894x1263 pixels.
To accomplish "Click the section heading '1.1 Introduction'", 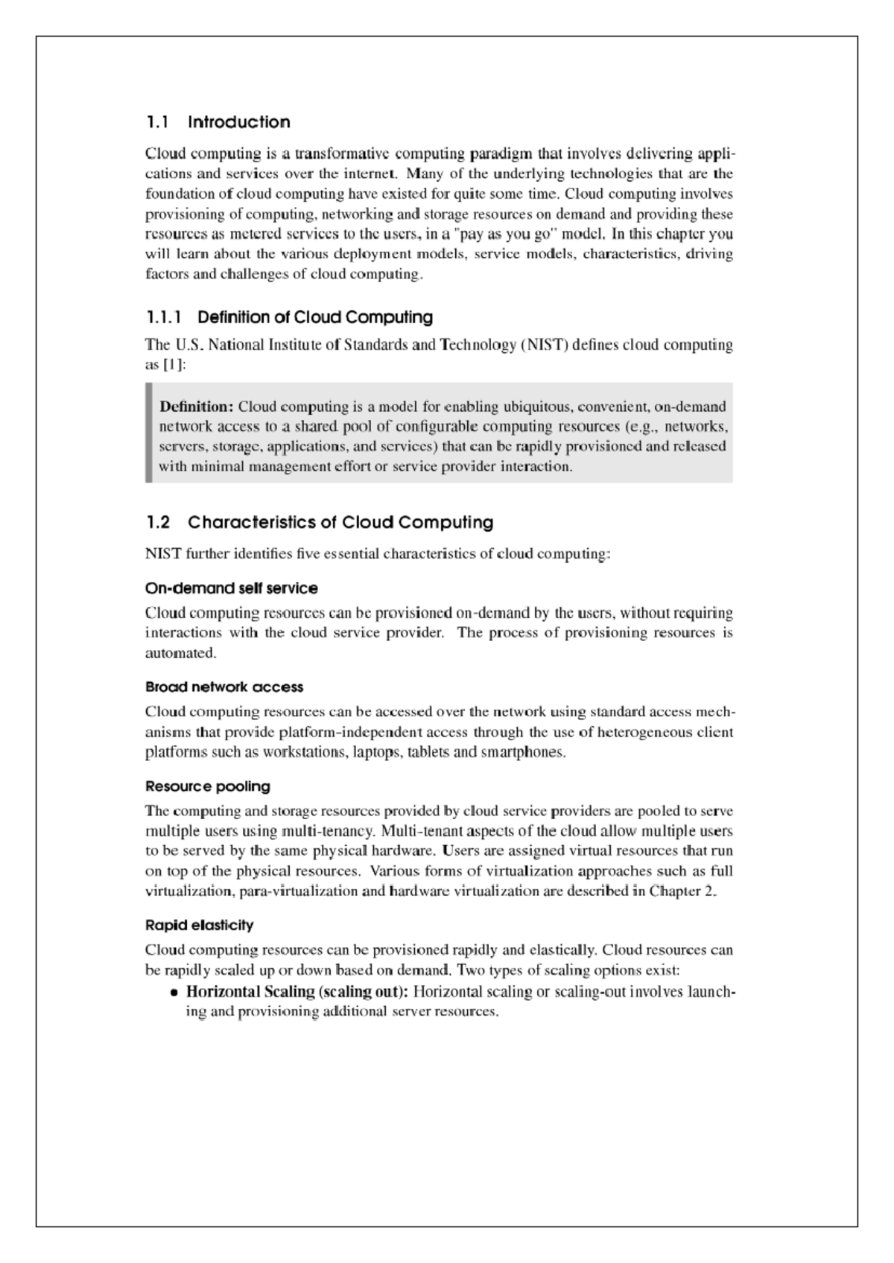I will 218,122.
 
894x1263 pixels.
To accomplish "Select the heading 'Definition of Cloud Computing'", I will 314,317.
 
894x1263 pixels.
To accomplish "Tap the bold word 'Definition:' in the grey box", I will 197,407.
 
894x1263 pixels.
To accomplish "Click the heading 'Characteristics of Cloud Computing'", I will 340,522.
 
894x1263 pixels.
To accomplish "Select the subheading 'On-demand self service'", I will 231,588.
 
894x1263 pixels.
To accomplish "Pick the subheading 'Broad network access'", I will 223,687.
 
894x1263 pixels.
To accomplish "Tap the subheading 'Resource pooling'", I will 207,786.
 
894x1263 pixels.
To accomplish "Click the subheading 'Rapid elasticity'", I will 199,925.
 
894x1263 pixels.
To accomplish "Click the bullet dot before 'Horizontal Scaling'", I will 174,993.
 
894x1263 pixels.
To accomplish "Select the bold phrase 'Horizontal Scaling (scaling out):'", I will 297,992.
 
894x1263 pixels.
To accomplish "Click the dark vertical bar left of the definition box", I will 148,433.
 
